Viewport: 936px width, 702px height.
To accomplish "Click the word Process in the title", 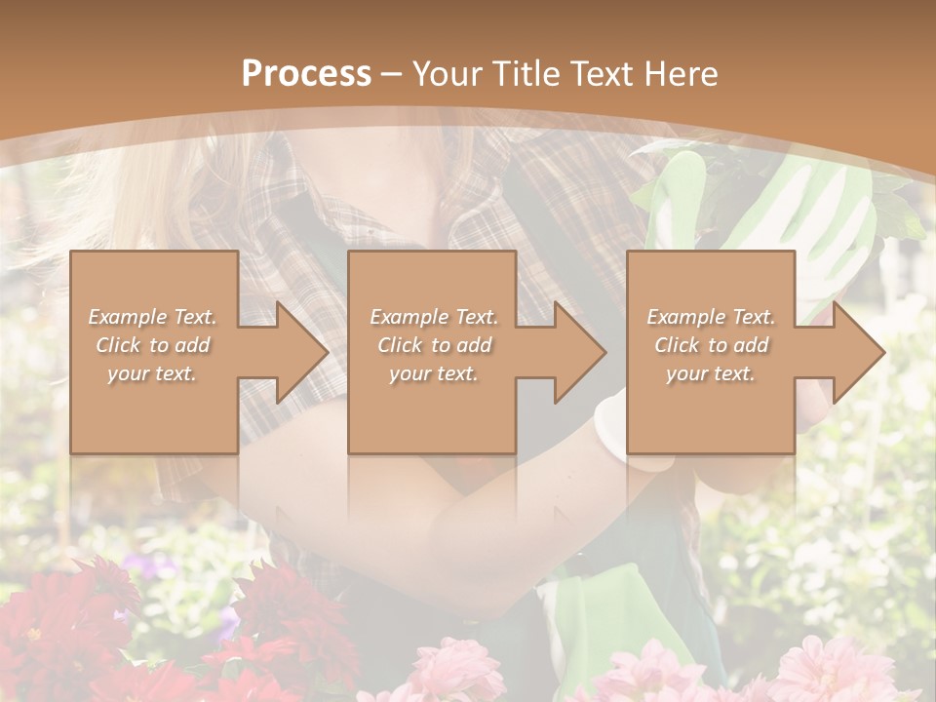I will (x=306, y=73).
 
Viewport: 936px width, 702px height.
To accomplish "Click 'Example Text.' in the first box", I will (x=153, y=317).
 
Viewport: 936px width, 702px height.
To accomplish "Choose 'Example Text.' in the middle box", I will (x=434, y=317).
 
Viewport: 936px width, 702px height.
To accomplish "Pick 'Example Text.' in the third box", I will (x=711, y=317).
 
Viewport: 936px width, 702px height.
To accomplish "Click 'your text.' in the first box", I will (x=153, y=373).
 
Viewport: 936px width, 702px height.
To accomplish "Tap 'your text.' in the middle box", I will (x=434, y=373).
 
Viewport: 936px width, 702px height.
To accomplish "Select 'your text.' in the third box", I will (x=711, y=373).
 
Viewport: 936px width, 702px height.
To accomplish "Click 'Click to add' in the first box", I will (x=153, y=345).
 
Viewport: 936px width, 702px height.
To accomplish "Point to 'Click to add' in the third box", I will (x=711, y=345).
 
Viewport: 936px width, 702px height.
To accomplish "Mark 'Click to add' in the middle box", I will (x=434, y=345).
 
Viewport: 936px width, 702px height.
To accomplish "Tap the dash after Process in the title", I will (x=391, y=74).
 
